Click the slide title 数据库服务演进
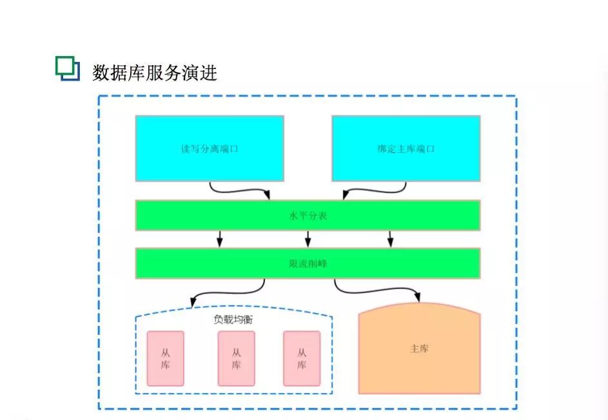(x=155, y=72)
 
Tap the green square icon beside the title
(x=67, y=68)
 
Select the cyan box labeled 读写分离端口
(x=210, y=148)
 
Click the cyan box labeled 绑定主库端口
(x=406, y=148)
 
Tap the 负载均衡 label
(x=233, y=319)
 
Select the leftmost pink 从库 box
(x=166, y=359)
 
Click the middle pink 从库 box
(x=236, y=359)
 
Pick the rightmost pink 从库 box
(x=302, y=359)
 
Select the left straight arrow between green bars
(x=220, y=239)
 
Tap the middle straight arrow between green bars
(x=308, y=239)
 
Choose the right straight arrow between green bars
(x=390, y=239)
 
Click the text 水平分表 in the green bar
(x=308, y=215)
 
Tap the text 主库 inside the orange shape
(x=419, y=349)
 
